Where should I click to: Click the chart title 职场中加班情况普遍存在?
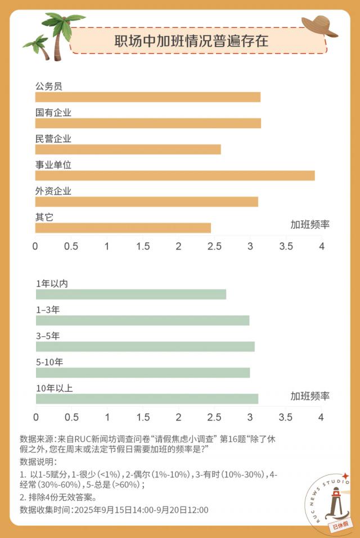[191, 41]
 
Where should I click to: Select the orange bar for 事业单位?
[175, 175]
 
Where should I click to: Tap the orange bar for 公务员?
[148, 97]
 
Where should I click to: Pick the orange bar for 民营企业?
[128, 150]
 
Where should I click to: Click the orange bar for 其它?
[123, 228]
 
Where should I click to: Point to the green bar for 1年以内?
[131, 295]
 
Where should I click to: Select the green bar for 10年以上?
[147, 399]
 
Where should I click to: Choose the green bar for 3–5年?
[145, 346]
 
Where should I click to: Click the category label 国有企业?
[53, 112]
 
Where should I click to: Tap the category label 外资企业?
[53, 191]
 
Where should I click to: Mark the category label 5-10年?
[49, 362]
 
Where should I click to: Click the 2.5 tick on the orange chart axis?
[215, 246]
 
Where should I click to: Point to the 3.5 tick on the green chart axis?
[286, 417]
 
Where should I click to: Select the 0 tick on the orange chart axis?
[35, 246]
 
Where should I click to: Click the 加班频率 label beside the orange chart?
[310, 225]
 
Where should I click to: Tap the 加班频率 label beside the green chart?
[310, 396]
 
